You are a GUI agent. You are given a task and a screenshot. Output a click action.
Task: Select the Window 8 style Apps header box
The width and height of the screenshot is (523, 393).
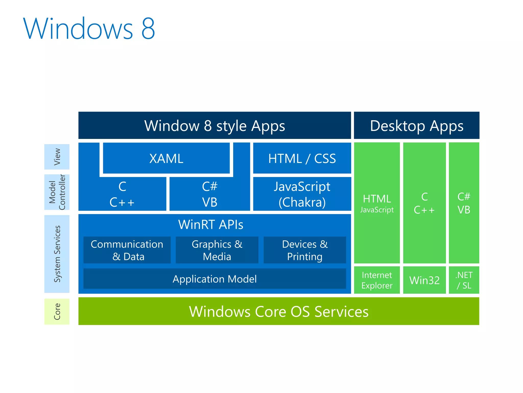215,125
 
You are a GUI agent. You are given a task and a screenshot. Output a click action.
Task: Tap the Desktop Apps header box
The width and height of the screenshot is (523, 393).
417,125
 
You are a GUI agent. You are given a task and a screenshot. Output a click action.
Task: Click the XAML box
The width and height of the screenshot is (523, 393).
166,158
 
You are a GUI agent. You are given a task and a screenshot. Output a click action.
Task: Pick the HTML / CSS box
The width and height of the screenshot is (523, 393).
302,158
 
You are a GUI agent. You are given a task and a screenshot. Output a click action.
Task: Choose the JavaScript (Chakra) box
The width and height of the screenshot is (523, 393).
302,194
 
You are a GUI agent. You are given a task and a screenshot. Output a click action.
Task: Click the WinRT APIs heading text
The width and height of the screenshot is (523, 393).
211,225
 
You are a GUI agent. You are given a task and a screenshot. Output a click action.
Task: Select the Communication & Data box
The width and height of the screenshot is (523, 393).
127,250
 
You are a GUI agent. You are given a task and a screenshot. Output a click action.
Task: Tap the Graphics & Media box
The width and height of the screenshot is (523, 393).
217,250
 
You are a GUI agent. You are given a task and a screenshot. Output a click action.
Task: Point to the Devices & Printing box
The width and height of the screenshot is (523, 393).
305,250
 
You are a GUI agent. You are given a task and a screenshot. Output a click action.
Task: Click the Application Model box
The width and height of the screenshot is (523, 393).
215,279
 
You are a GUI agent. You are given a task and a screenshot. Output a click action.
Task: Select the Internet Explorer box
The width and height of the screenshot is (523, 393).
377,280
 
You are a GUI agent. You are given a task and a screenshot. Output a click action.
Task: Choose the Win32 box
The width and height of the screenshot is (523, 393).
424,280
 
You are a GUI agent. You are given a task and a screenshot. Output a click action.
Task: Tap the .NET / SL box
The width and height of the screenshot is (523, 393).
464,280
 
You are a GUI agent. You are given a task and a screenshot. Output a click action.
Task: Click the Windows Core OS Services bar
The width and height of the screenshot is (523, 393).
279,311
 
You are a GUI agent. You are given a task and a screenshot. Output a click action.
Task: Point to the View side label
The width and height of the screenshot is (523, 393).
57,157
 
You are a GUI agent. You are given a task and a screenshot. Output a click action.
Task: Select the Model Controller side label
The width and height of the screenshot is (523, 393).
57,192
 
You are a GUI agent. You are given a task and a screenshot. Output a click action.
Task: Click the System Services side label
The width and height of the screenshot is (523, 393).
57,254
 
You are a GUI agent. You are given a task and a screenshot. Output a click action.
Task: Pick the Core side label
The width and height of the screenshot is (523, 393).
57,311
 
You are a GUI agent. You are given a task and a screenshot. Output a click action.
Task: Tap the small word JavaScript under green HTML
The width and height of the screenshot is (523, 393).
377,210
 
